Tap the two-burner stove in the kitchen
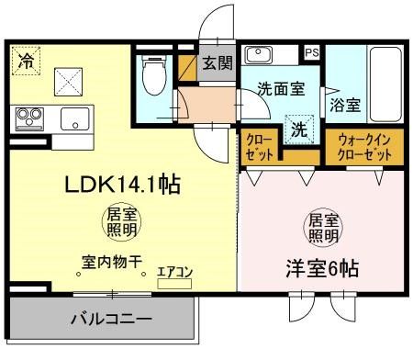coord(29,118)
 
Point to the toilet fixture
coord(152,76)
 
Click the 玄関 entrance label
coord(218,63)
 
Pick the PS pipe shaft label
coord(313,53)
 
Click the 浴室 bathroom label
coord(346,106)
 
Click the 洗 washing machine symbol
coord(299,129)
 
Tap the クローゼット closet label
coord(258,146)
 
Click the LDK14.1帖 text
coord(121,184)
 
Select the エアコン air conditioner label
coord(173,272)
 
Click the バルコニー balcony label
coord(101,321)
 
